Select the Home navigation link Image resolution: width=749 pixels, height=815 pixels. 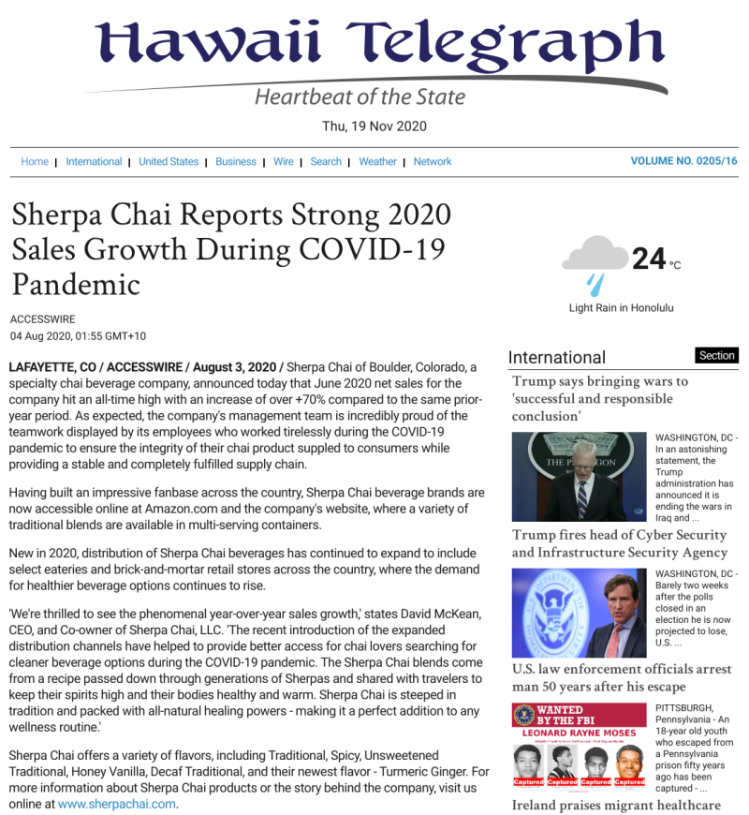pyautogui.click(x=35, y=162)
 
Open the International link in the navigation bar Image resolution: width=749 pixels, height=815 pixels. pyautogui.click(x=94, y=162)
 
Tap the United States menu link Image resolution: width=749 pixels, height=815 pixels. pyautogui.click(x=169, y=162)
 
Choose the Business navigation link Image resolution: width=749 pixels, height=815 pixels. pyautogui.click(x=236, y=162)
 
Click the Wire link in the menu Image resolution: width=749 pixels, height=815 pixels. pyautogui.click(x=284, y=162)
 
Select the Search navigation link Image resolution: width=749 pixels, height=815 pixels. pyautogui.click(x=326, y=162)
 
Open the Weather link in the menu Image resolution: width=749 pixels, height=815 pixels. pyautogui.click(x=377, y=162)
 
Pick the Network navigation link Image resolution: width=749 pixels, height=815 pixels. pyautogui.click(x=433, y=162)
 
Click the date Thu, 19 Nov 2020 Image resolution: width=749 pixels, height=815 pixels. pyautogui.click(x=374, y=126)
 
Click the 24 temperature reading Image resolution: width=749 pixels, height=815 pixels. pyautogui.click(x=649, y=259)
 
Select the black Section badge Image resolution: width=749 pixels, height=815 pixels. pyautogui.click(x=717, y=356)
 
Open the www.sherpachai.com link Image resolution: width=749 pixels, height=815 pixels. pyautogui.click(x=117, y=804)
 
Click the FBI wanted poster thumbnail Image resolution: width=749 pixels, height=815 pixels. pyautogui.click(x=579, y=745)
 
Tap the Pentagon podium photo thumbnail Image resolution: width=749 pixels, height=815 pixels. pyautogui.click(x=579, y=476)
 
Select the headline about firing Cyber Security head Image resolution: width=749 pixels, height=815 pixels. pyautogui.click(x=619, y=543)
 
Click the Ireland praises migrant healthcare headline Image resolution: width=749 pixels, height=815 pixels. pyautogui.click(x=616, y=805)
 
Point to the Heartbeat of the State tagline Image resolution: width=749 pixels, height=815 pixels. pyautogui.click(x=360, y=97)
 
